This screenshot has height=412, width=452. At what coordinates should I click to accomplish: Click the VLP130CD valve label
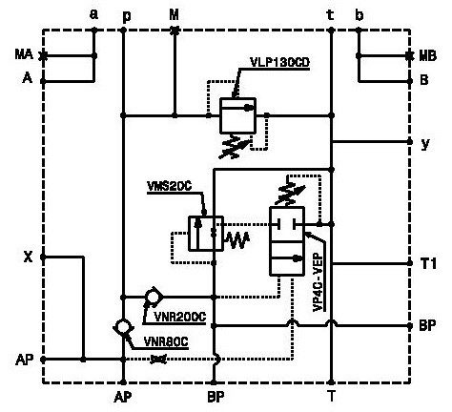(x=279, y=62)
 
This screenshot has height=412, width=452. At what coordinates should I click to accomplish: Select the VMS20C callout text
(x=170, y=186)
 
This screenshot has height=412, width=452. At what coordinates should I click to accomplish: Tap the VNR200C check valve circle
(x=154, y=297)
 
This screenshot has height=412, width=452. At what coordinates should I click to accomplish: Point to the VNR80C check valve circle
(x=123, y=327)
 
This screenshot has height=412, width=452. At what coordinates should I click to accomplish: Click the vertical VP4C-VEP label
(x=318, y=282)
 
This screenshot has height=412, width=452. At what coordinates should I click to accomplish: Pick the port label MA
(x=24, y=54)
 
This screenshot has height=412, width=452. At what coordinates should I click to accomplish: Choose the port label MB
(x=427, y=56)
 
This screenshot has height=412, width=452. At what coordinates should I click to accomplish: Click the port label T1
(x=428, y=263)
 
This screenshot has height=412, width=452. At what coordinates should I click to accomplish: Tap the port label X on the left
(x=29, y=257)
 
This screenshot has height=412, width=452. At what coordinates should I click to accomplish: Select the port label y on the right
(x=425, y=144)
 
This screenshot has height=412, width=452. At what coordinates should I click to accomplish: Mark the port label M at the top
(x=174, y=14)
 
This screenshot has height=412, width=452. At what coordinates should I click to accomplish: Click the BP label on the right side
(x=427, y=325)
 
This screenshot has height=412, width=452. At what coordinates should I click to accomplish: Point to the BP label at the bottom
(x=216, y=397)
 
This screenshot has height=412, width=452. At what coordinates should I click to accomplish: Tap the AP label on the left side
(x=25, y=360)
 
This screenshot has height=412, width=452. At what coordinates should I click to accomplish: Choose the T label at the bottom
(x=332, y=397)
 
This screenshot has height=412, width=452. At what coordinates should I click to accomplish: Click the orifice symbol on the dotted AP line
(x=158, y=359)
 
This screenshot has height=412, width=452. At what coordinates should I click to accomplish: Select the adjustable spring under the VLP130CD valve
(x=236, y=146)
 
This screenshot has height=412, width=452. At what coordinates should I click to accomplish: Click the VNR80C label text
(x=166, y=341)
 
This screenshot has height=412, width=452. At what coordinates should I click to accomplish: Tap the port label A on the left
(x=28, y=78)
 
